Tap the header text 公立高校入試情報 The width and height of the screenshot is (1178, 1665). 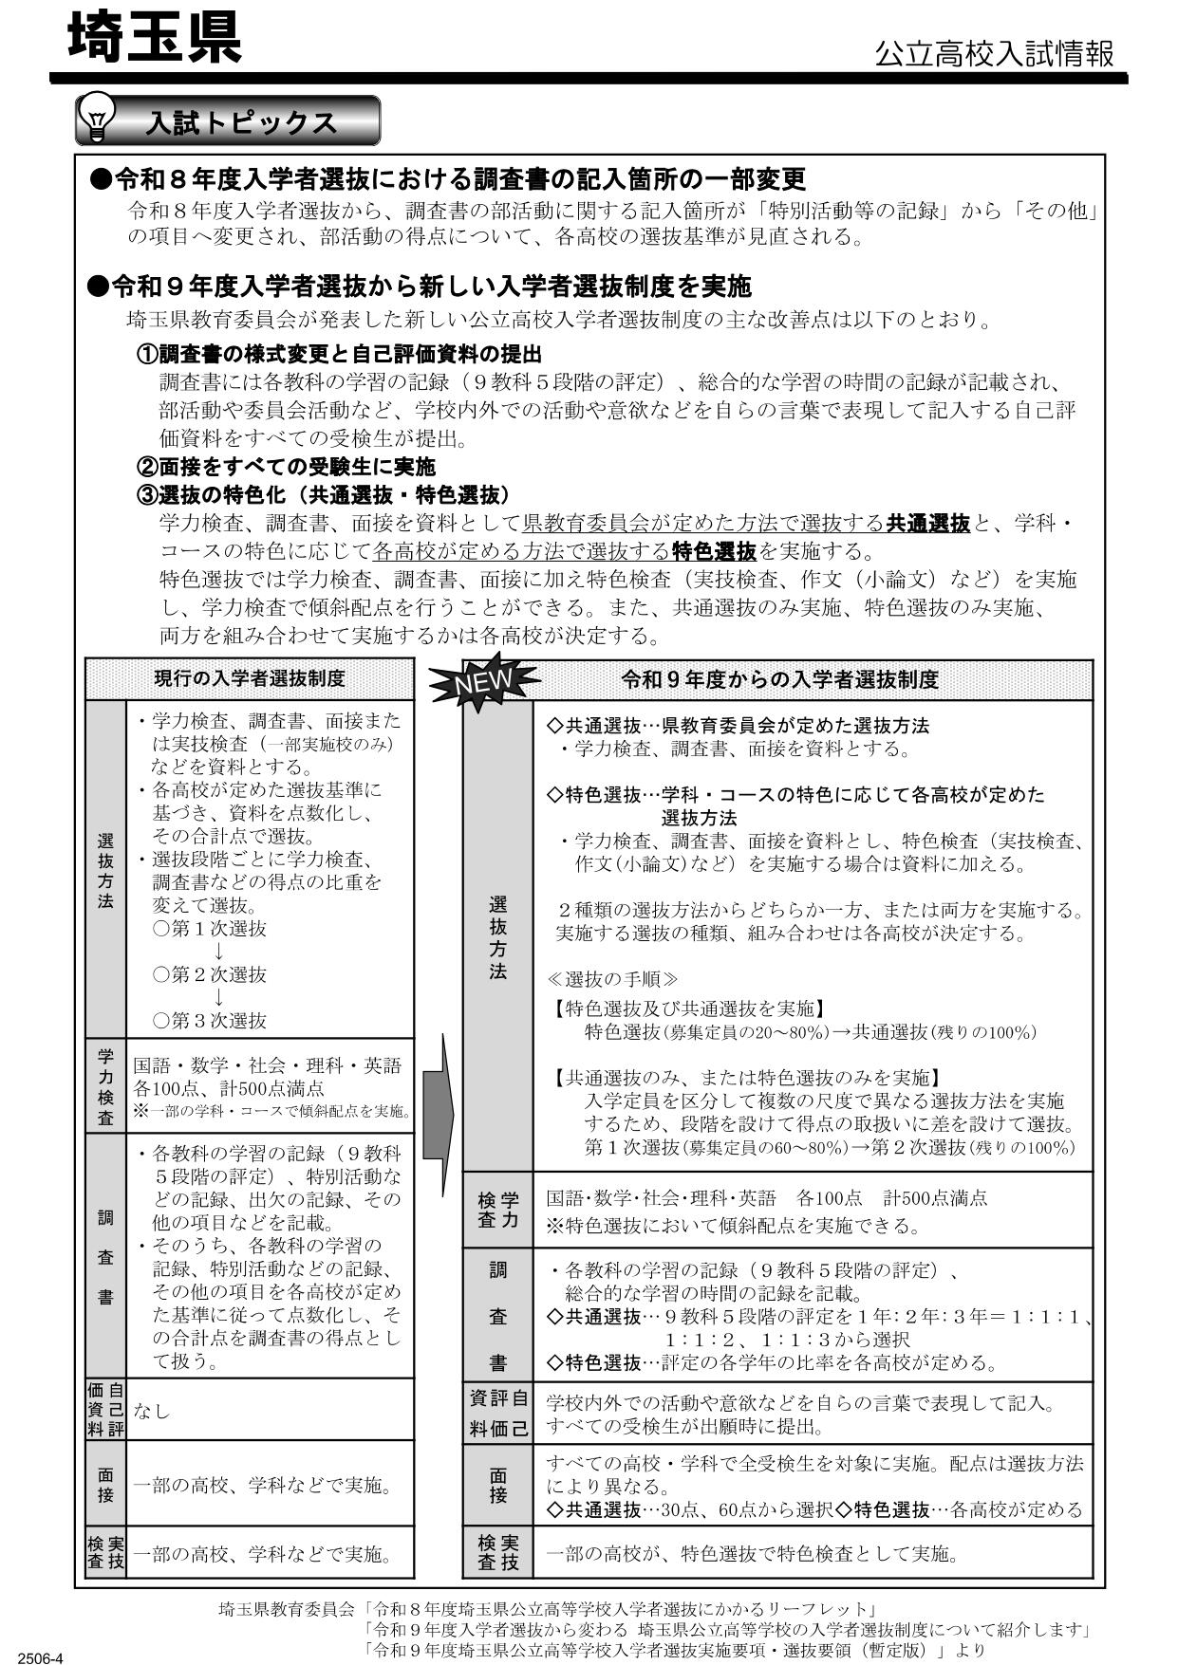(x=994, y=53)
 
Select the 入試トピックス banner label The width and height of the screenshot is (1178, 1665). (x=242, y=122)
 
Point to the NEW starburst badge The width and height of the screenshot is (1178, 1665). (x=483, y=679)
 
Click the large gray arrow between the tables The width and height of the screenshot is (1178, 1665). (x=438, y=1115)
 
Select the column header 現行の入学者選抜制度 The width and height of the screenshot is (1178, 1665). (x=250, y=678)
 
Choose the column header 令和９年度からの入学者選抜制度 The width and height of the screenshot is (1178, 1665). (x=779, y=679)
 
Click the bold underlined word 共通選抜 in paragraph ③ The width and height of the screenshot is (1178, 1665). (x=927, y=523)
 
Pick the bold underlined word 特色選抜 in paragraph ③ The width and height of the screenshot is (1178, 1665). (x=714, y=551)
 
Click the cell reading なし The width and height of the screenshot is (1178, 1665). (x=151, y=1411)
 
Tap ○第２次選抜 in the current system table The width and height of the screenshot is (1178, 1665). (x=210, y=974)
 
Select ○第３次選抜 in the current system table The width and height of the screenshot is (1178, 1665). (x=210, y=1021)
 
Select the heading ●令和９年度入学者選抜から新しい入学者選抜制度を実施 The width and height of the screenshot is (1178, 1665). (x=419, y=286)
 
